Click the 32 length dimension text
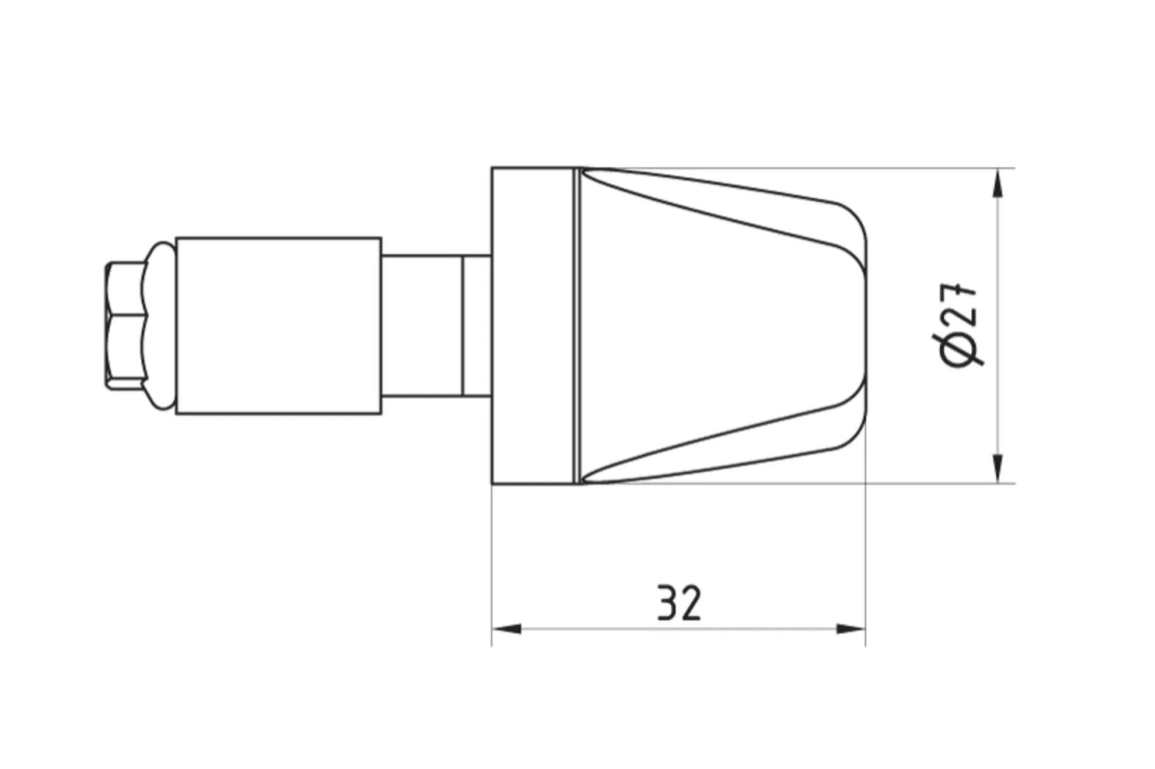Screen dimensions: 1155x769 679,603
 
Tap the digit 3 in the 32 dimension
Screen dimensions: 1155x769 668,603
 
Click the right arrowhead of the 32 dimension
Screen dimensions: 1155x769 851,629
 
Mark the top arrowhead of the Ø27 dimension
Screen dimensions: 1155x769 998,183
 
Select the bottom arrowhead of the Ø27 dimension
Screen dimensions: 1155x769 998,468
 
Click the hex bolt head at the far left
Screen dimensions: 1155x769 125,325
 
